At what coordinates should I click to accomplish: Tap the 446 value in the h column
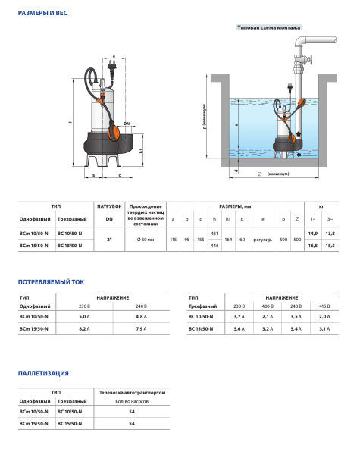point(214,246)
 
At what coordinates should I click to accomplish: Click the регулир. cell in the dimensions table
point(263,239)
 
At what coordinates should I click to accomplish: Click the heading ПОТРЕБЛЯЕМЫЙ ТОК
point(51,281)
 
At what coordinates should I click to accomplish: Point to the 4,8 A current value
point(141,315)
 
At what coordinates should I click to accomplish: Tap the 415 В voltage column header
point(324,305)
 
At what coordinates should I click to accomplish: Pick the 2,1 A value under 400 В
point(267,315)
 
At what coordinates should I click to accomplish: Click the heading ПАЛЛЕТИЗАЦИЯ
point(43,373)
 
